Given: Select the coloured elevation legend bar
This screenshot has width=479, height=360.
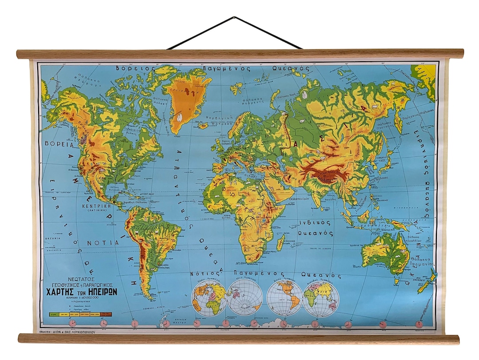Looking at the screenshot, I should [x=80, y=314].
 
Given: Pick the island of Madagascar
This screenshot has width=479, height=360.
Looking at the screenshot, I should [x=281, y=242].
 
